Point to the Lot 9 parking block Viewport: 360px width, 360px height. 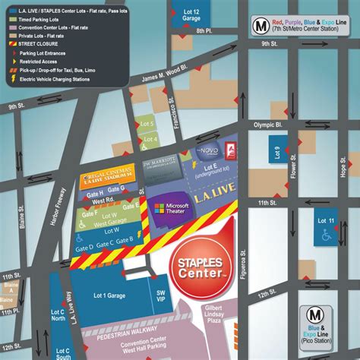(277, 153)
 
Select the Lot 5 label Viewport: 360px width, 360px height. (147, 124)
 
